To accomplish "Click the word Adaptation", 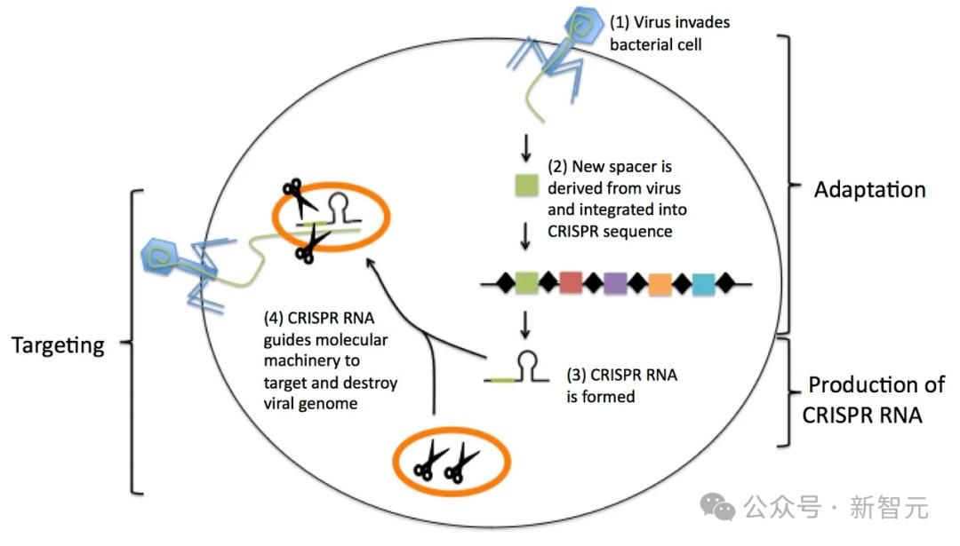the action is (869, 190).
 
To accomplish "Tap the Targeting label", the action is (58, 345).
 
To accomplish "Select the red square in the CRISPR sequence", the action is (571, 282).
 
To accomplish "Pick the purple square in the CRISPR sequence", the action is (615, 283).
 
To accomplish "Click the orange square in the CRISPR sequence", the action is (660, 284).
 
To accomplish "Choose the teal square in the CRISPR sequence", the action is (704, 284).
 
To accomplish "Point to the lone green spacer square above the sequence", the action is (526, 186).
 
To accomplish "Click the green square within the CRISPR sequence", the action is (526, 283).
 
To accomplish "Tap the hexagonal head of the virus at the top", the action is (583, 25).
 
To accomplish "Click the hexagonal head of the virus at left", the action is (161, 257).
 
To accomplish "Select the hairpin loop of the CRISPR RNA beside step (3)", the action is (528, 366).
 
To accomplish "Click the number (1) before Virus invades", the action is (620, 22).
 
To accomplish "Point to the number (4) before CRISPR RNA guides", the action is (273, 318).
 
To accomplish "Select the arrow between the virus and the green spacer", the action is (526, 147).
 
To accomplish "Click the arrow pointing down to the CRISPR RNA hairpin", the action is (524, 324).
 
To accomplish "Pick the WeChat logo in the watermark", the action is (717, 507).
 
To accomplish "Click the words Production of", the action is (876, 384).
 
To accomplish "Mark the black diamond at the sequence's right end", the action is (725, 283).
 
